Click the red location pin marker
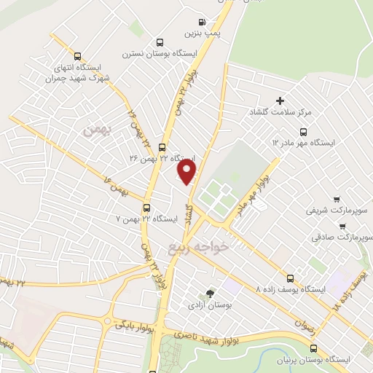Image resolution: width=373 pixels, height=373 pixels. pyautogui.click(x=188, y=172)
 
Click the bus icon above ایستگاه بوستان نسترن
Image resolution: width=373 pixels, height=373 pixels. pyautogui.click(x=160, y=42)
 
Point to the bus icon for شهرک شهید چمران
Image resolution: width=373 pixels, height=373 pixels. pyautogui.click(x=77, y=56)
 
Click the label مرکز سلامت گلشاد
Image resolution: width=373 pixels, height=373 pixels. pyautogui.click(x=280, y=112)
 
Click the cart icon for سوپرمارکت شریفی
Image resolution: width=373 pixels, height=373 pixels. pyautogui.click(x=336, y=200)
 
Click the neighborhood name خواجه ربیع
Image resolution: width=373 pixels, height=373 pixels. pyautogui.click(x=198, y=248)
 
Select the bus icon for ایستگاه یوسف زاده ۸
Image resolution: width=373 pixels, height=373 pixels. pyautogui.click(x=291, y=278)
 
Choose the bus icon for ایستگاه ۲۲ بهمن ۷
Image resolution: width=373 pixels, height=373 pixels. pyautogui.click(x=147, y=207)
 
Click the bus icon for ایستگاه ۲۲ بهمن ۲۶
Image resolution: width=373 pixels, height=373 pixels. pyautogui.click(x=162, y=146)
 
